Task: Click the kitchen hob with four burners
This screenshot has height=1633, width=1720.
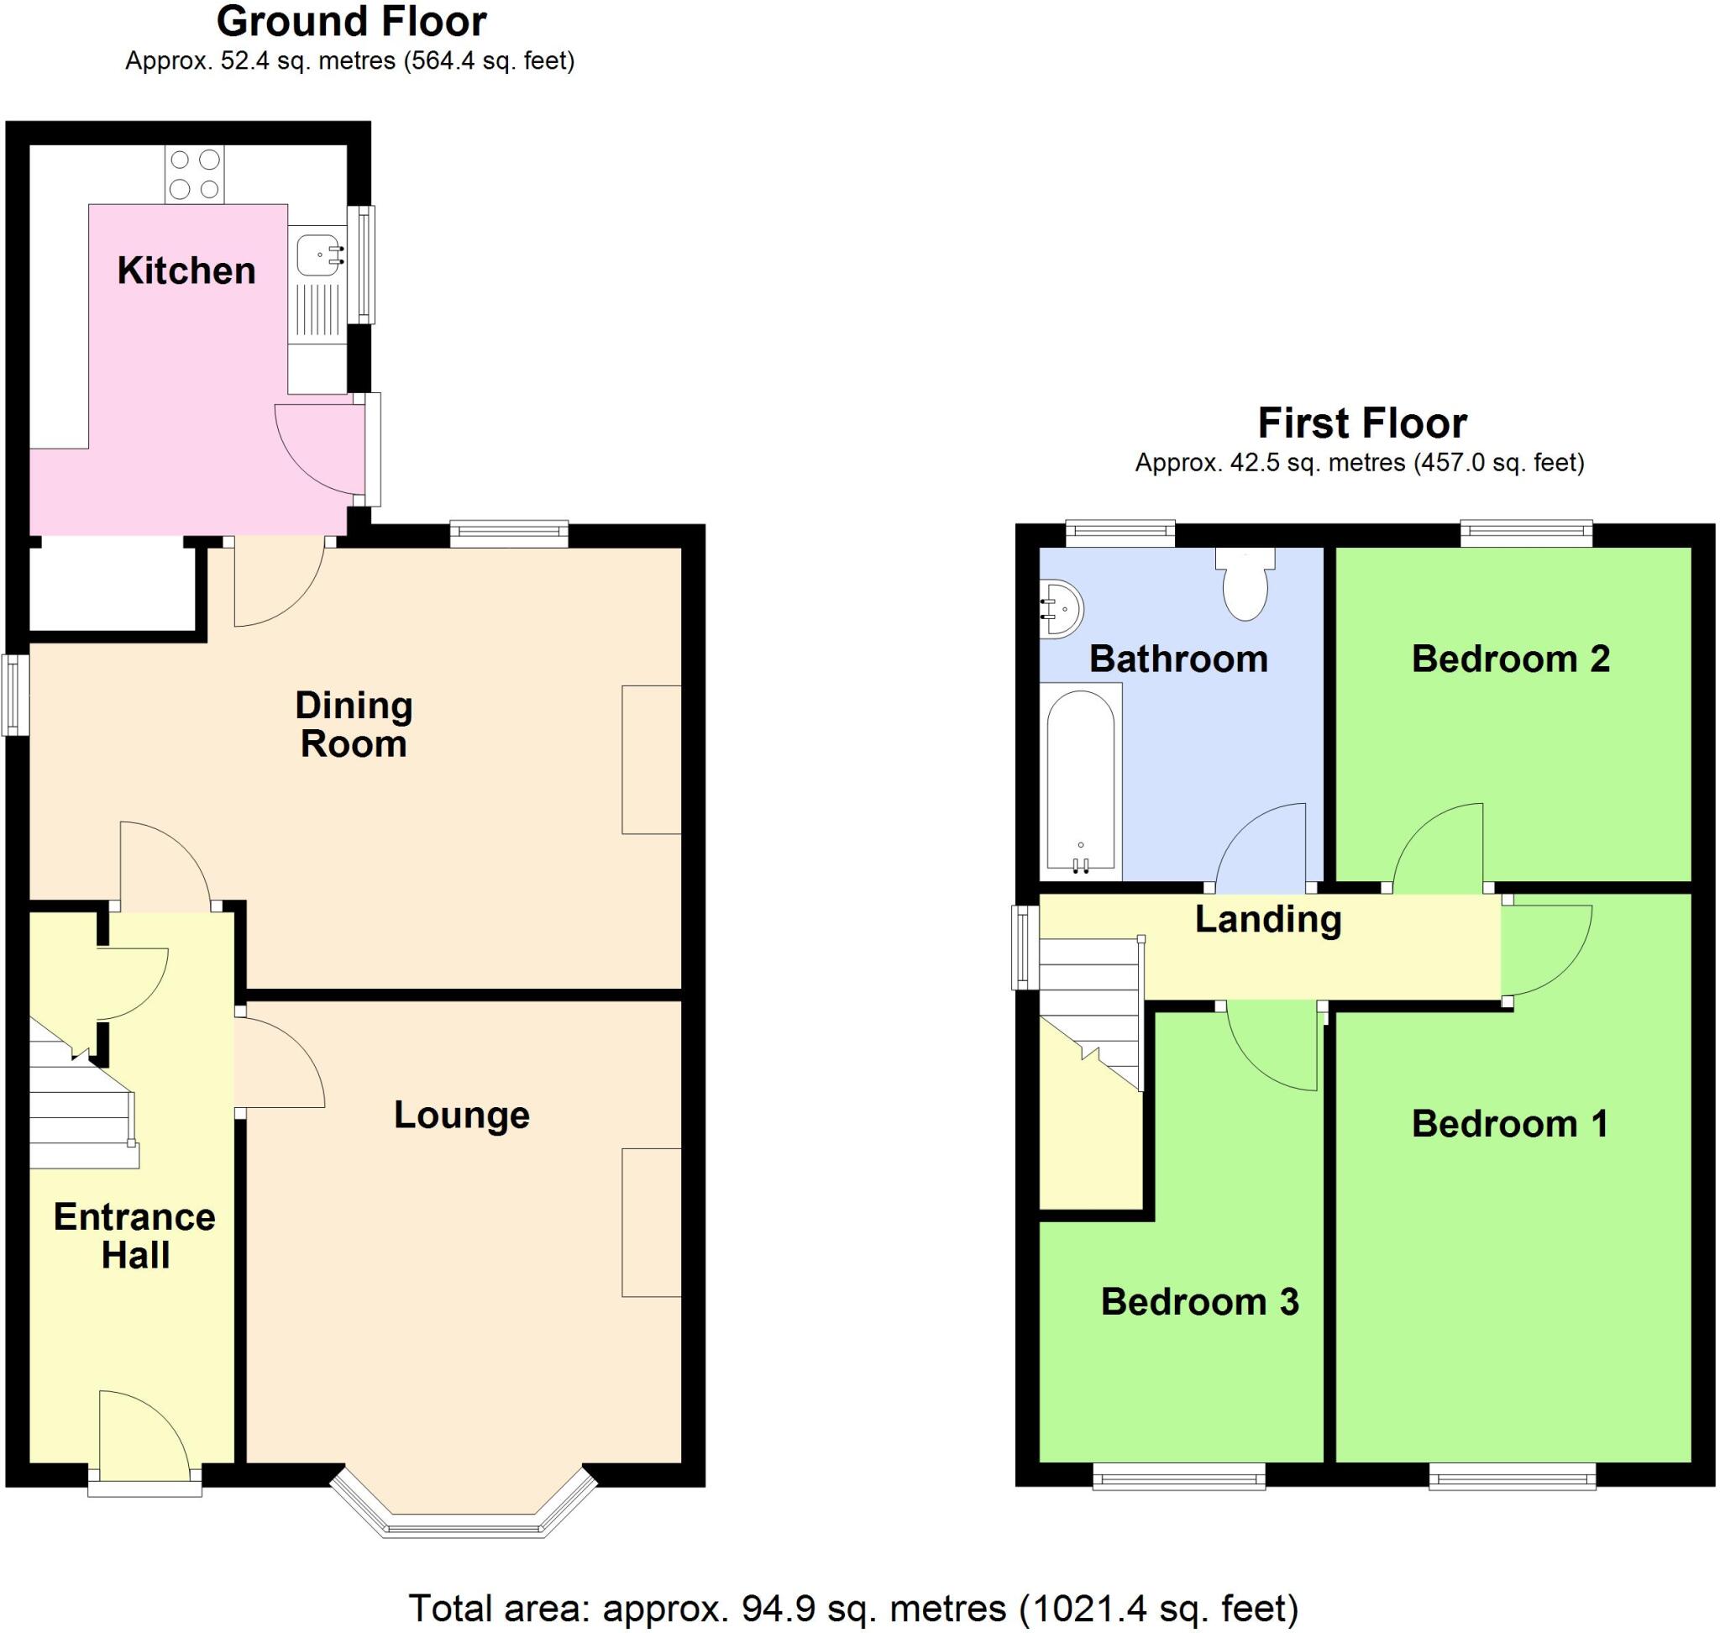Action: click(x=194, y=174)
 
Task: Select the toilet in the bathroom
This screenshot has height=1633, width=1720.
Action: click(x=1245, y=583)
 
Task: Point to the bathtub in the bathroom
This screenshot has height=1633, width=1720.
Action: click(x=1080, y=781)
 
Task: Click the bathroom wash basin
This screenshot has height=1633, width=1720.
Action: click(x=1061, y=610)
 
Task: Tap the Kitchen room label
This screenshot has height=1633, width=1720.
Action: click(x=186, y=270)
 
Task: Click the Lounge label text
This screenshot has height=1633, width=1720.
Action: click(x=461, y=1115)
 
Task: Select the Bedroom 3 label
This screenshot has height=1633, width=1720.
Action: click(x=1199, y=1302)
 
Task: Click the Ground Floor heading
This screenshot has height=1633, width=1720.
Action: click(x=351, y=22)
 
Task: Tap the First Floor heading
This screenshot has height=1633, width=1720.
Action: click(x=1362, y=423)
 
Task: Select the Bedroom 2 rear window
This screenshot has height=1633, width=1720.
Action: click(x=1526, y=533)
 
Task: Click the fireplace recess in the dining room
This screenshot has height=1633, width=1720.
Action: click(x=651, y=759)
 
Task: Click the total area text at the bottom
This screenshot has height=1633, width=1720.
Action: click(x=853, y=1609)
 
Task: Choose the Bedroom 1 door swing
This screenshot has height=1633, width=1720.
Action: click(x=1547, y=950)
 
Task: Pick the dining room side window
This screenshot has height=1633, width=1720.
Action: click(x=15, y=696)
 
